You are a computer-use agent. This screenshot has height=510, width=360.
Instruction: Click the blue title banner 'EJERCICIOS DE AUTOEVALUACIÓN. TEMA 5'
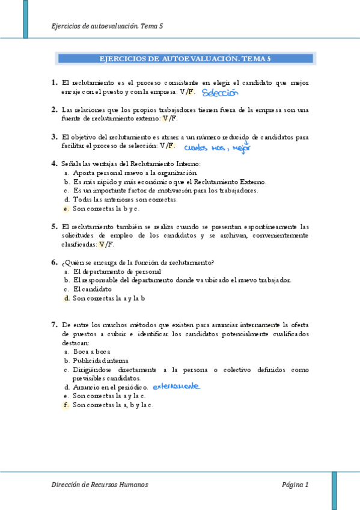coord(185,58)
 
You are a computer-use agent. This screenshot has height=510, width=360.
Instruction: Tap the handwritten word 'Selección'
coord(220,93)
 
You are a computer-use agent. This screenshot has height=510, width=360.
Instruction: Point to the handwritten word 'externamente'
coord(175,387)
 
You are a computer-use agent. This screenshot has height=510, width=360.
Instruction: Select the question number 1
coord(54,82)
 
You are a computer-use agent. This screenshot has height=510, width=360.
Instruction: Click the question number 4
coord(54,164)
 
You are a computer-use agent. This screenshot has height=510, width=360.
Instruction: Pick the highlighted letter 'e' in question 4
coord(66,209)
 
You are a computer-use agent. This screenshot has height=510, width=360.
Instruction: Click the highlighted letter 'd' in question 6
coord(66,298)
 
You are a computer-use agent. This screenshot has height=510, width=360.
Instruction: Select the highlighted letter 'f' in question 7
coord(66,405)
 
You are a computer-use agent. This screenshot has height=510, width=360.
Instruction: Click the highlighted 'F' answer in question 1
coord(190,92)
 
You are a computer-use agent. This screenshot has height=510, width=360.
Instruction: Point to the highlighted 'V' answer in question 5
coord(102,245)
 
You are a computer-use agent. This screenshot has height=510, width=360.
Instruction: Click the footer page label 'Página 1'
coord(294,485)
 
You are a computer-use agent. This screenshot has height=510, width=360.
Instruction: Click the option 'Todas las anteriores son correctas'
coord(125,200)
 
